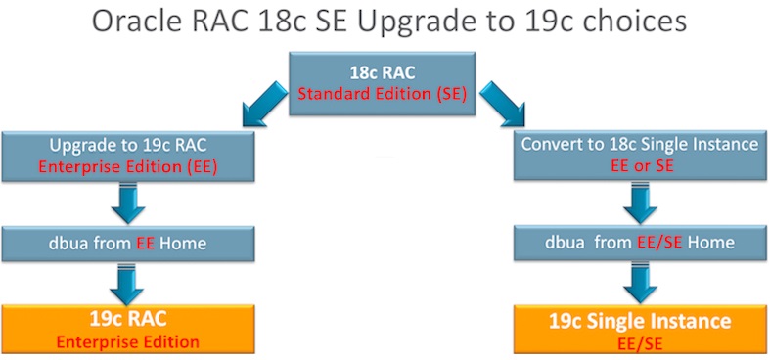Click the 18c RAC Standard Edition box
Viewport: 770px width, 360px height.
[382, 83]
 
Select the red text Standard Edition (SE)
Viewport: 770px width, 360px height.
[382, 93]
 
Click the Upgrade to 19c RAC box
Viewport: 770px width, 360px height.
[128, 157]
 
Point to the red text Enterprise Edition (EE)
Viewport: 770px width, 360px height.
[127, 166]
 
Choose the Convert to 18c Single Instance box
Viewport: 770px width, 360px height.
[641, 155]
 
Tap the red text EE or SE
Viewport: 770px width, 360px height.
[642, 165]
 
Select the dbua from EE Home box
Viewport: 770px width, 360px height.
[128, 244]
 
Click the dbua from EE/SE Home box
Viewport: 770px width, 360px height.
[641, 243]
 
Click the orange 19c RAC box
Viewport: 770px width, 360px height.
[128, 329]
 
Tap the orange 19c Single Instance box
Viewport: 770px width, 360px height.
[641, 329]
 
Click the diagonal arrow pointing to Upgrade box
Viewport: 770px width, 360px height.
[265, 104]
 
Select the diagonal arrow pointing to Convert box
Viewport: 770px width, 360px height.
[502, 104]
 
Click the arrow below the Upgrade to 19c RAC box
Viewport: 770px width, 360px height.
[128, 203]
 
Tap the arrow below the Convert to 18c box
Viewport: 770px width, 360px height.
[640, 202]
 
